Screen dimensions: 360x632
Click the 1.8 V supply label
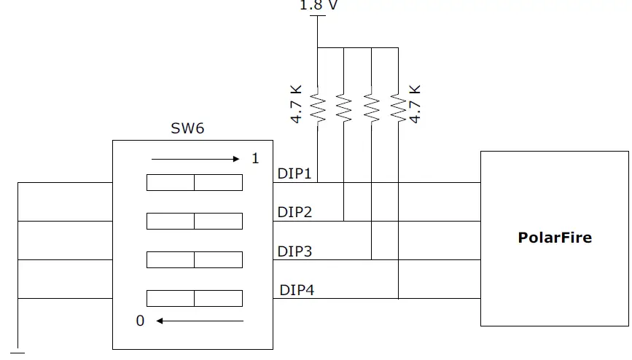(319, 5)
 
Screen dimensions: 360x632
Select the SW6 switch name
(187, 129)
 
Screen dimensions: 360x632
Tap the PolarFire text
(554, 238)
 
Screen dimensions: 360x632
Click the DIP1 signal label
(294, 174)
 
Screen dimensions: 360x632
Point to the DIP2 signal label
(294, 212)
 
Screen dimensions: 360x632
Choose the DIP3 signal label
(294, 251)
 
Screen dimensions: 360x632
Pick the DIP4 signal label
(297, 290)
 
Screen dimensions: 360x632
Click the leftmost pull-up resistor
(317, 107)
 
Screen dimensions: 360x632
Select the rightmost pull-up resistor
(398, 107)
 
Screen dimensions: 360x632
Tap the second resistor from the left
(344, 107)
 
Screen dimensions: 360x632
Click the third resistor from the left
(371, 107)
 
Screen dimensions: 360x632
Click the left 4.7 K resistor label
(297, 103)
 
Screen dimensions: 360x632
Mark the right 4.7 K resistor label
(416, 103)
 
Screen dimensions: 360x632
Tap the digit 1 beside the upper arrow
(255, 158)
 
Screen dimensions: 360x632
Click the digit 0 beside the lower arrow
(141, 321)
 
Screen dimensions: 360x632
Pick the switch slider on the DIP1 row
(194, 182)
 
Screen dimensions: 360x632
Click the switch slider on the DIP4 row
(194, 298)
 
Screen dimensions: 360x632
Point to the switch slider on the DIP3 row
(194, 259)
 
